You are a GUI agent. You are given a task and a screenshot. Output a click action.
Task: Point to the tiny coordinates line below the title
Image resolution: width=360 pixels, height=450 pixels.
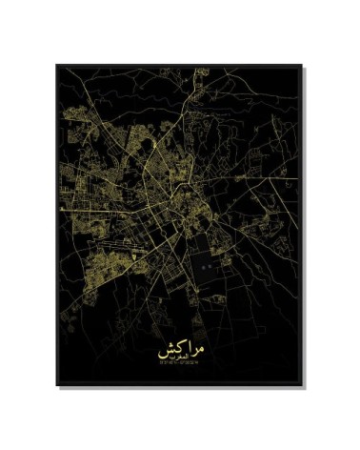(x=179, y=363)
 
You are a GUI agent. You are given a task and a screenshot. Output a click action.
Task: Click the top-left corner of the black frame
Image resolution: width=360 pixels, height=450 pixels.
(x=57, y=66)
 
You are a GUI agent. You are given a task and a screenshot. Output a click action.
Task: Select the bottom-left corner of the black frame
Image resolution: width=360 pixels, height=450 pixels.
(x=57, y=385)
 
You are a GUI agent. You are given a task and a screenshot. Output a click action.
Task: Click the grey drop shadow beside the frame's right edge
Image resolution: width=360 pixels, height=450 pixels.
(x=305, y=229)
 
